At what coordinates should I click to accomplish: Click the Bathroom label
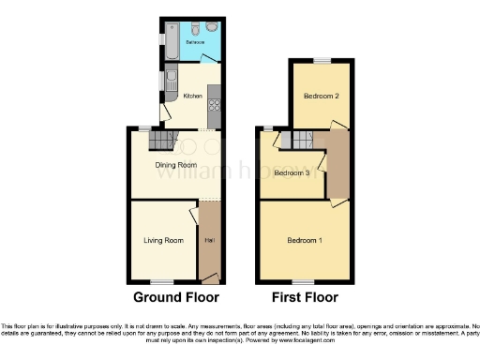[195, 43]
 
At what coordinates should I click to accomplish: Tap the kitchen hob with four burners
[215, 95]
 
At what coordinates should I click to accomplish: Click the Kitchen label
[192, 96]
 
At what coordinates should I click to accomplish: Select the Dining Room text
[174, 165]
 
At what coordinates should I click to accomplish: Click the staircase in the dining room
[163, 142]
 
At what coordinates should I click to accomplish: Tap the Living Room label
[162, 241]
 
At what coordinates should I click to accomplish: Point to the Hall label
[208, 241]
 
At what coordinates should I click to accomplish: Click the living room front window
[163, 281]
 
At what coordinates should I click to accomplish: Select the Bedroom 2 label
[321, 96]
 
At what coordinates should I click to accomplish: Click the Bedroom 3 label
[292, 172]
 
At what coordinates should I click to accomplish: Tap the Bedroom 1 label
[305, 241]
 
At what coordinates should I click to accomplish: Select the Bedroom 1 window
[302, 281]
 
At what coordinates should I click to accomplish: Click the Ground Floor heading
[176, 297]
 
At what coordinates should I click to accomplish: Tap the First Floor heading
[305, 297]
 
